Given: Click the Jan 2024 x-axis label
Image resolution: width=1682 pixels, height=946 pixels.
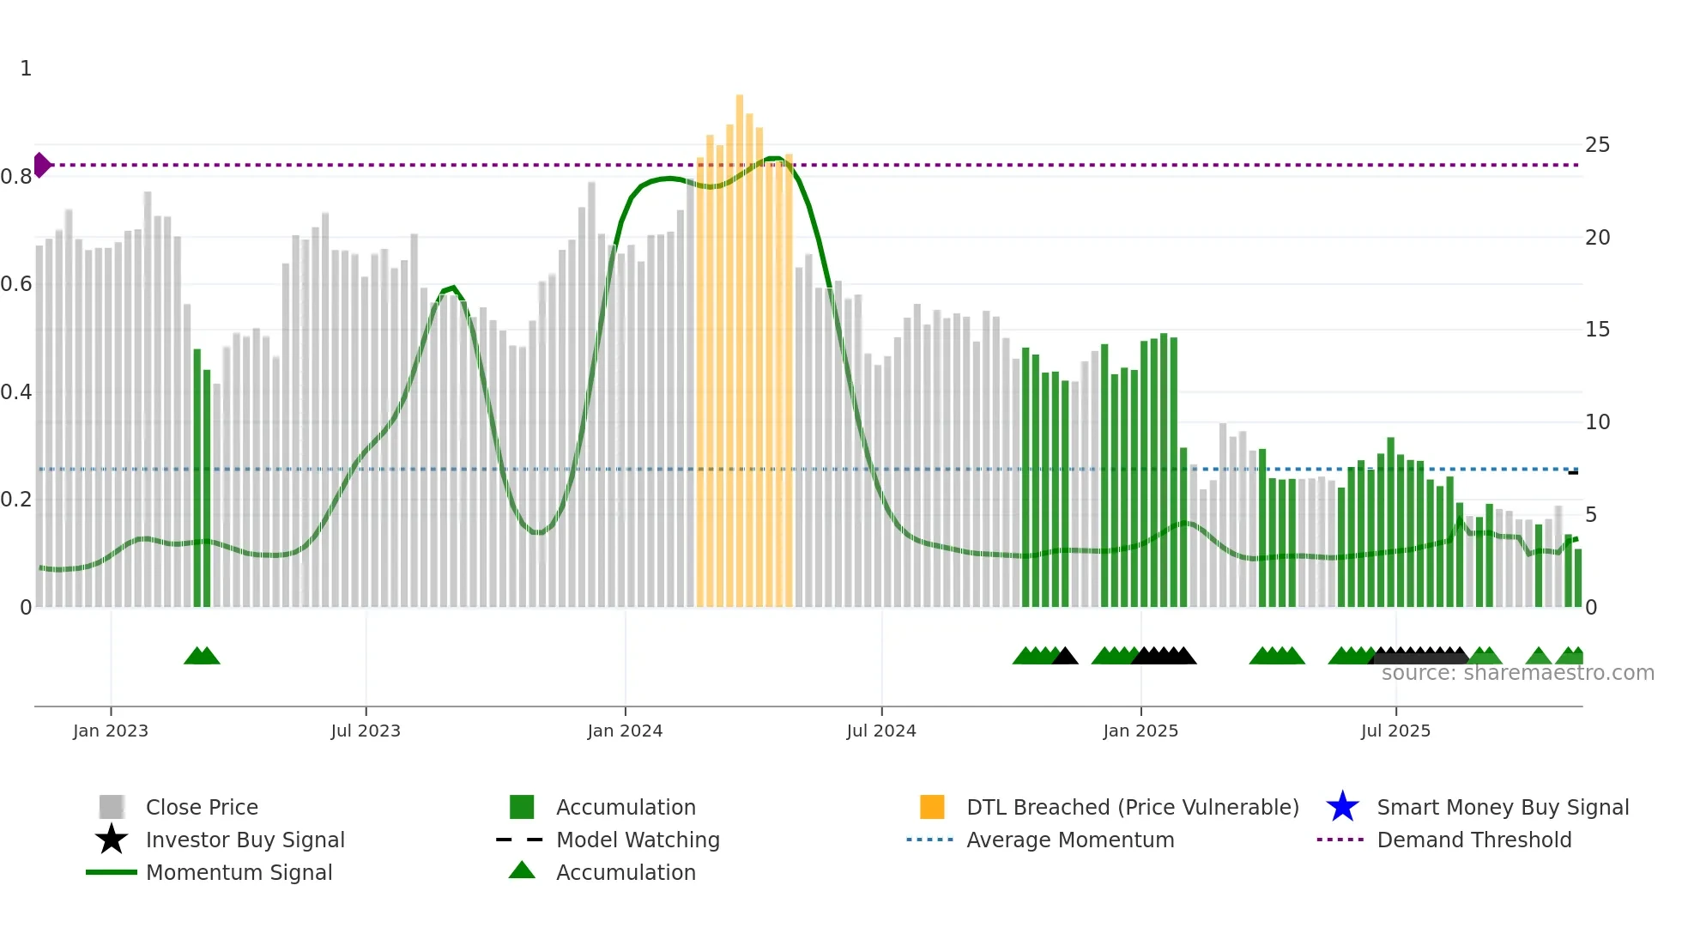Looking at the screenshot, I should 625,731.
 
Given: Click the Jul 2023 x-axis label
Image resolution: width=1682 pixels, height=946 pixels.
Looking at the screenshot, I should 366,731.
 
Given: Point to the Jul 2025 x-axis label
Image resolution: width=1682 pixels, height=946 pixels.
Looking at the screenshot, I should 1395,731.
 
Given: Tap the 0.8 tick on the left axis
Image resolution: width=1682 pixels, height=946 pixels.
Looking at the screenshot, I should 16,177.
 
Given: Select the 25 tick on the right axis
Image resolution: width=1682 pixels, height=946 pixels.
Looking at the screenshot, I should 1597,145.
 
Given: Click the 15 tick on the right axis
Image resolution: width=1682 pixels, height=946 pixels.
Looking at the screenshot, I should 1597,330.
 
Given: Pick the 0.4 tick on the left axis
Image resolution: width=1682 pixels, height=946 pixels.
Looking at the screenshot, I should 16,392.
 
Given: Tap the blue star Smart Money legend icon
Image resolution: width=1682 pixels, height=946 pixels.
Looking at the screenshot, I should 1342,807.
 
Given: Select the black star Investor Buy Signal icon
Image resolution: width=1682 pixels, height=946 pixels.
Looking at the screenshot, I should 112,840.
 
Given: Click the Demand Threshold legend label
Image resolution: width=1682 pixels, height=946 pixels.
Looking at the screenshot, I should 1473,840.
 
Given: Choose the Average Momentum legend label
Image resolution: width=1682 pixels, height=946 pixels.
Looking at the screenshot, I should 1070,840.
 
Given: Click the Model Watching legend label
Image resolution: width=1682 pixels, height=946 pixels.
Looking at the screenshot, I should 638,840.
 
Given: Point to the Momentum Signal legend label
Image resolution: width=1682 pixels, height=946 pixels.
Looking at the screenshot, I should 239,872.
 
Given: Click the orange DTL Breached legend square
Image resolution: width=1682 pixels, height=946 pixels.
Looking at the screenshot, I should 932,807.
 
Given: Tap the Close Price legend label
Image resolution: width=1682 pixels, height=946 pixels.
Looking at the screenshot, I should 202,807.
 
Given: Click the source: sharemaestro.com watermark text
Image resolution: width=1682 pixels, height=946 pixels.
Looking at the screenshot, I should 1517,673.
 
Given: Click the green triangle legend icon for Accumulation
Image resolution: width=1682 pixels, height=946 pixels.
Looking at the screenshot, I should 522,870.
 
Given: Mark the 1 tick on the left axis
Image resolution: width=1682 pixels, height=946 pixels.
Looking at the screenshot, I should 26,69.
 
